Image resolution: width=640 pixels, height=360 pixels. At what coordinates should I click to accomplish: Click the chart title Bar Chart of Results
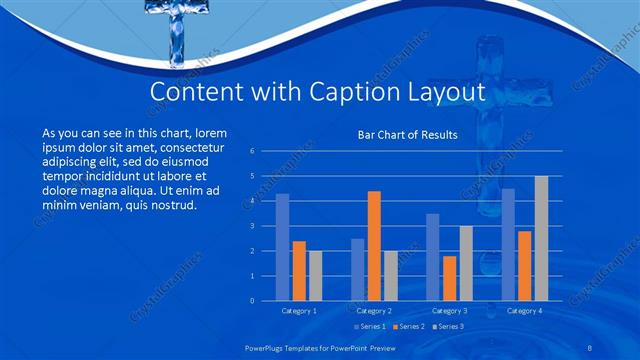tap(407, 134)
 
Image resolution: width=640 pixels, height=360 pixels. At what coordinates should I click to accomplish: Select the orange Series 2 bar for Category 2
tap(374, 246)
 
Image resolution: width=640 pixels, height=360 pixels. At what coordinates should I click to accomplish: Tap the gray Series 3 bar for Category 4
tap(541, 238)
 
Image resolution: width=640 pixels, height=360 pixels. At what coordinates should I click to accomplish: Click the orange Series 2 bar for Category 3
tap(449, 278)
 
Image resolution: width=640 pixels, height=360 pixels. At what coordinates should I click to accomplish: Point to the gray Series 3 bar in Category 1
tap(316, 275)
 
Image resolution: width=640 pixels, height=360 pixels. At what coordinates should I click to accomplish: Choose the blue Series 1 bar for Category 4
tap(508, 244)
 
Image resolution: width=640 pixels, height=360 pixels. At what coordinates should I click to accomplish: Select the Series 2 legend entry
tap(408, 327)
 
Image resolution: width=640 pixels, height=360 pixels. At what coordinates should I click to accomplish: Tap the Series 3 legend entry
tap(446, 327)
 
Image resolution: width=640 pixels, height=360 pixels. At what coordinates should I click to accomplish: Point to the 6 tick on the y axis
tap(252, 151)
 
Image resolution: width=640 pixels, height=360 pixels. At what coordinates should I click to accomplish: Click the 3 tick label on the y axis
tap(252, 226)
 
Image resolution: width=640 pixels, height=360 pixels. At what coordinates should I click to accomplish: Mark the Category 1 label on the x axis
tap(299, 311)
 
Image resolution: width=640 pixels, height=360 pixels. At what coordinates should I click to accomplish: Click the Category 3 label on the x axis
tap(449, 311)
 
